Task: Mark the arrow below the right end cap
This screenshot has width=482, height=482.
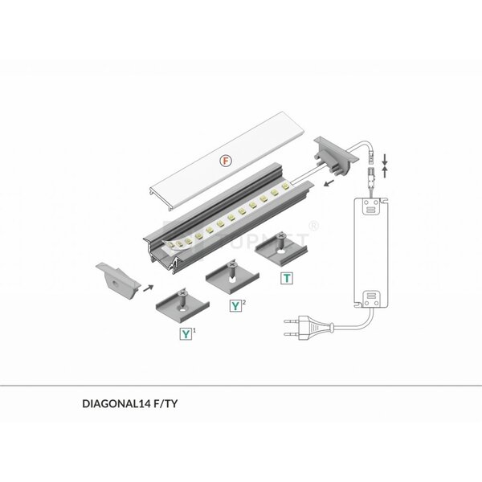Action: pos(328,182)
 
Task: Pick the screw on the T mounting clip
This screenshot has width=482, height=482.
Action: pos(283,239)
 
